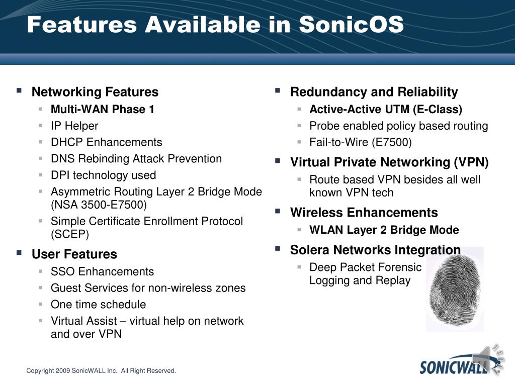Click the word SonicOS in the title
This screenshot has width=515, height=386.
[x=351, y=24]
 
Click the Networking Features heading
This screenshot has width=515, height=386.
[x=95, y=92]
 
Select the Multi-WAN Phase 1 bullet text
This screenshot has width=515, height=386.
[x=103, y=109]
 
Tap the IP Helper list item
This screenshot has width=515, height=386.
[x=74, y=126]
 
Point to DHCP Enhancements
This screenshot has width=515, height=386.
[x=107, y=142]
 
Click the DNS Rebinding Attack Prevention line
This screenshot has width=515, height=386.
[x=136, y=158]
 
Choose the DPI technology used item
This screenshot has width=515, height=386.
[x=104, y=175]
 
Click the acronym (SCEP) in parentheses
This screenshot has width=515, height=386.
[x=70, y=234]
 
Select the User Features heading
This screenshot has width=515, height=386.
[x=74, y=254]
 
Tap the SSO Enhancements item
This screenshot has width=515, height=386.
[x=102, y=271]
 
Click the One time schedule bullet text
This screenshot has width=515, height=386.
[x=98, y=304]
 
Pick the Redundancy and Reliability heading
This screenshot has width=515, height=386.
[x=374, y=92]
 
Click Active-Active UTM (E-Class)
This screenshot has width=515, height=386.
[x=386, y=109]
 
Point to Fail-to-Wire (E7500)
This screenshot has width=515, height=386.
[x=361, y=142]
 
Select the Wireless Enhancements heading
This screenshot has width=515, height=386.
[x=364, y=213]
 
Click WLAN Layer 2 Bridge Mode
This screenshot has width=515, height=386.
[x=384, y=230]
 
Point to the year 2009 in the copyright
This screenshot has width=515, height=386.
[x=63, y=371]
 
